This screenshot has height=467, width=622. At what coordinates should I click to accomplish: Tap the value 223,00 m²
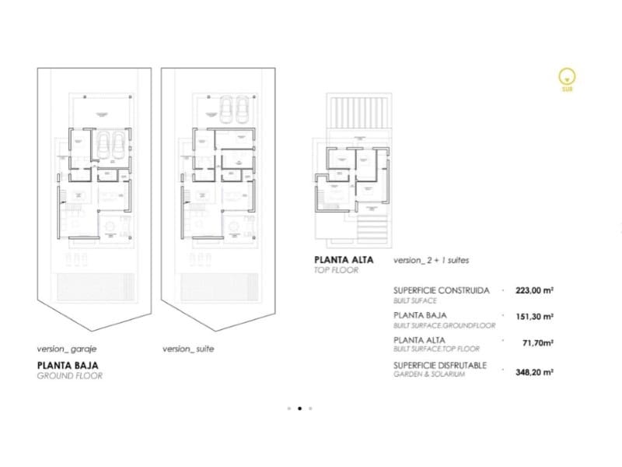tap(534, 291)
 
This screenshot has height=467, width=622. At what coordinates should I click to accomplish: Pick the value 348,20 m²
tap(534, 373)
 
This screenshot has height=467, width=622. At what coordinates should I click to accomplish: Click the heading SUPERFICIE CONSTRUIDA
tap(441, 290)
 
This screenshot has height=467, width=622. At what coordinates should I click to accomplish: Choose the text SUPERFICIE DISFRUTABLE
tap(440, 365)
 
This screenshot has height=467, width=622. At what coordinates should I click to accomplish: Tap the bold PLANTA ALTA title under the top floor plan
tap(344, 260)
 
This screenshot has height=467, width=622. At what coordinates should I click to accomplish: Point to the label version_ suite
tap(188, 349)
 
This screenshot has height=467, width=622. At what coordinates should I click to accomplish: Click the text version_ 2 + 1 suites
tap(432, 260)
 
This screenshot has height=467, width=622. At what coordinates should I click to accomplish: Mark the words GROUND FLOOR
tap(69, 375)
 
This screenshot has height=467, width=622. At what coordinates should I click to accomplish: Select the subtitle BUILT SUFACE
tap(415, 300)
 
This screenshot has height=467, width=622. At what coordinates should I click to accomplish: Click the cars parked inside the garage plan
tap(114, 143)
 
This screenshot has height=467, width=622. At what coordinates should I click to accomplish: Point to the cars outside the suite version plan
tap(234, 107)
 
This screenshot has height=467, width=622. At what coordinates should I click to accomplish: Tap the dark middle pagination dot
tap(299, 407)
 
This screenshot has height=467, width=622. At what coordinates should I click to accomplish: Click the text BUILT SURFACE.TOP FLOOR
tap(436, 349)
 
